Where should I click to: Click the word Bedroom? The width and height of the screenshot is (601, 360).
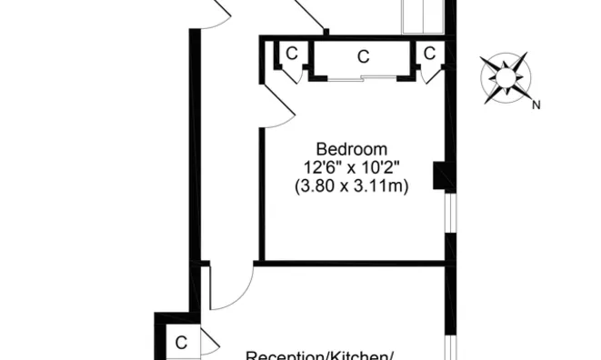(351, 149)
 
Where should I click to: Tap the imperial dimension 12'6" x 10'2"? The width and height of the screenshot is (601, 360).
(351, 168)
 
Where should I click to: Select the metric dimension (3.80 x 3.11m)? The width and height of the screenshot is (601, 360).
(351, 187)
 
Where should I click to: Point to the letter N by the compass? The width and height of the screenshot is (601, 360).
(536, 105)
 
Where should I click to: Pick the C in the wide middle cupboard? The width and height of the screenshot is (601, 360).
(363, 56)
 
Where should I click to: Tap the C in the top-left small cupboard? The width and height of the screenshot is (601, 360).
(291, 54)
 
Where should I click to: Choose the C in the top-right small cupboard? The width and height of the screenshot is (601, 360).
(429, 54)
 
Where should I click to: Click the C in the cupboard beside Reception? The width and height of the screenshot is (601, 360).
(181, 343)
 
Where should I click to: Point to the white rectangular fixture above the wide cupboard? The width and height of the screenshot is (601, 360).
(423, 17)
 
